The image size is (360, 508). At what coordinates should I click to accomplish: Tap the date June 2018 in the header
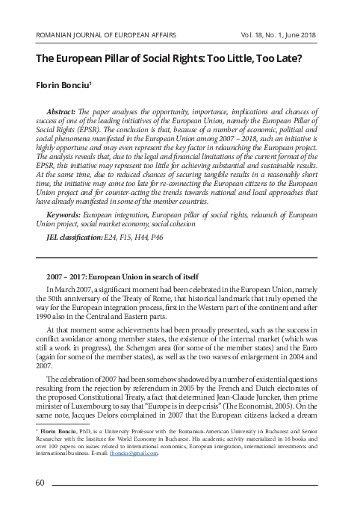(x=297, y=35)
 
